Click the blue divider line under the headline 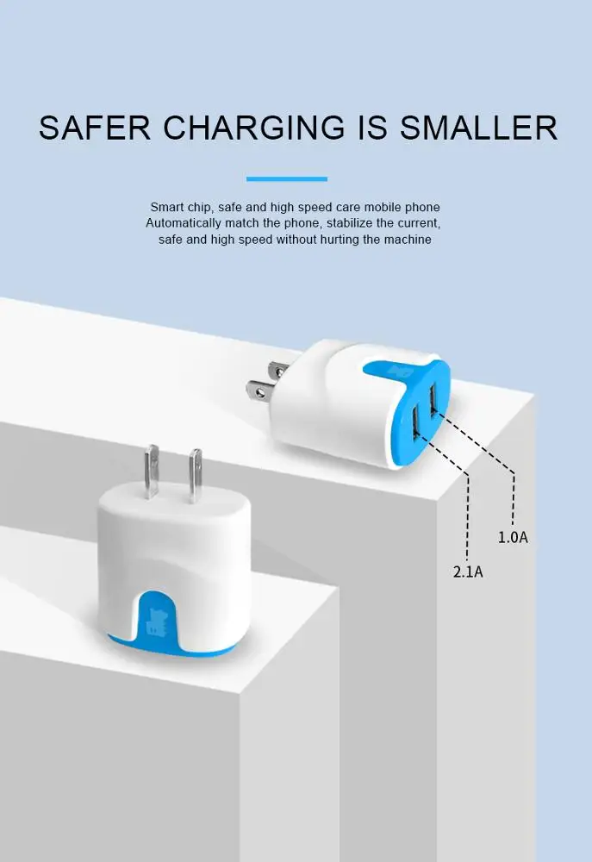coord(286,179)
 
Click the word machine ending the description coord(408,239)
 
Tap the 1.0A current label coord(513,537)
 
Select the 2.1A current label coord(468,571)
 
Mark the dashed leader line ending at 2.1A coord(468,517)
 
